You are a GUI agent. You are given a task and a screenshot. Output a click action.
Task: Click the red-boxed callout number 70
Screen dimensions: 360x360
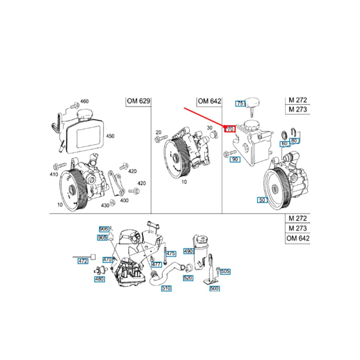[x=231, y=129]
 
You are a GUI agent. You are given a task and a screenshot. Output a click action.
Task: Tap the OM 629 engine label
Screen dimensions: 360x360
[x=138, y=101]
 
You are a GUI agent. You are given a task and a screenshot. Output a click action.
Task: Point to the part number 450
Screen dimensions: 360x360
[x=110, y=136]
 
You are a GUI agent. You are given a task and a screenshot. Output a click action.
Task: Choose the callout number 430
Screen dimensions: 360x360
[x=105, y=205]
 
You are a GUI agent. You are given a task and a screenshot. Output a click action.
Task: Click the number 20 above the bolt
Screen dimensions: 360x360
[x=158, y=132]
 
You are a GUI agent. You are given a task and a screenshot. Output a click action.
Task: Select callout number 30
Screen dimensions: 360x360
[x=210, y=127]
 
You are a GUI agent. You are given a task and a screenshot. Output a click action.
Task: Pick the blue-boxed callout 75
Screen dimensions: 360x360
[x=241, y=103]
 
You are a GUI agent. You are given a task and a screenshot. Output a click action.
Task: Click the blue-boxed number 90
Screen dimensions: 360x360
[x=235, y=159]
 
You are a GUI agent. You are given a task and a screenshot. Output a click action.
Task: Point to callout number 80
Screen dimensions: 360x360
[x=294, y=140]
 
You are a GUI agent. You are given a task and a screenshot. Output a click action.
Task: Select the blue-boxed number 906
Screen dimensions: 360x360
[x=103, y=229]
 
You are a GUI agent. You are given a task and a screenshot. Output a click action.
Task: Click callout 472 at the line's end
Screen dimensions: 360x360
[x=83, y=261]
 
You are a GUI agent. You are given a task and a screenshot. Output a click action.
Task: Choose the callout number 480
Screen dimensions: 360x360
[x=100, y=279]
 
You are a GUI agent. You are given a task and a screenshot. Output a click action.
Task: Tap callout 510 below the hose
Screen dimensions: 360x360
[x=166, y=288]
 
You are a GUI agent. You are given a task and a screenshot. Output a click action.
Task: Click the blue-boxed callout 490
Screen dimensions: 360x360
[x=189, y=251]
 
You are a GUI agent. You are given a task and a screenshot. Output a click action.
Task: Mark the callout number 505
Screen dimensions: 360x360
[x=225, y=271]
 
